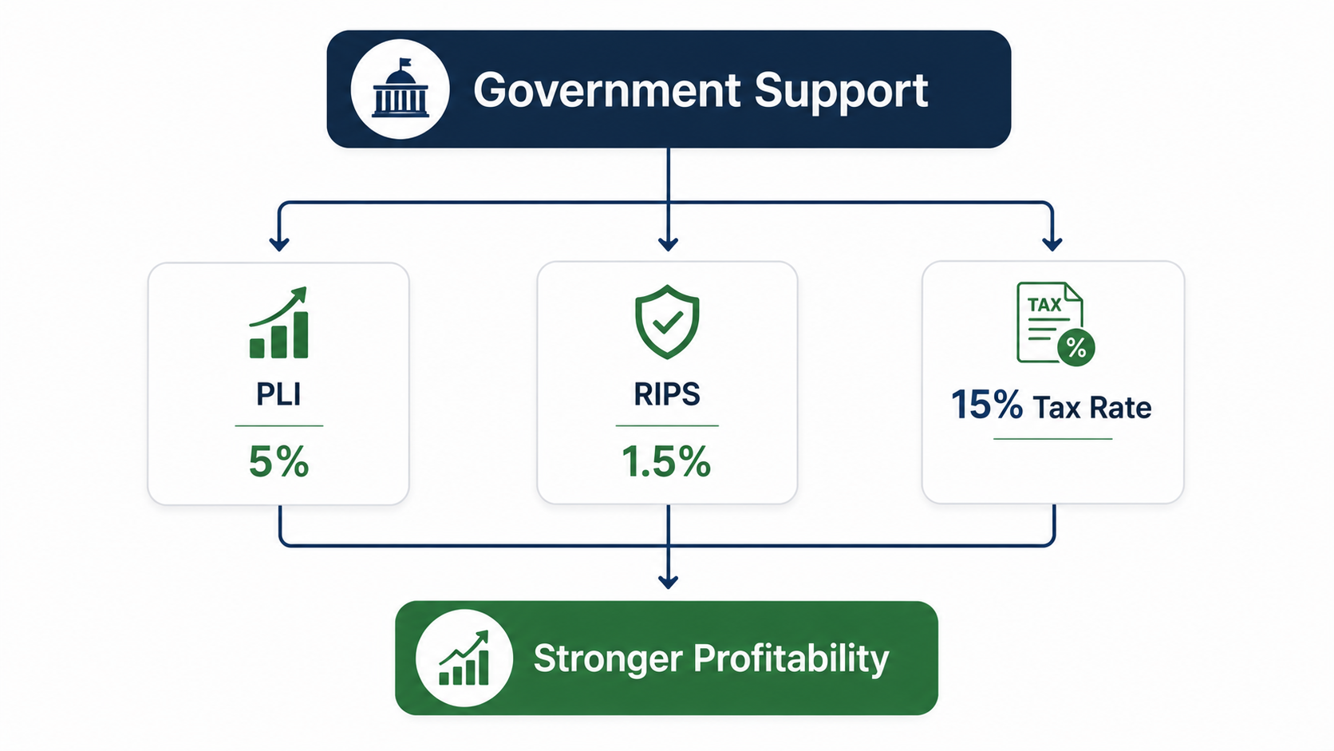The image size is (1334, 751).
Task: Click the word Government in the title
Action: pos(607,90)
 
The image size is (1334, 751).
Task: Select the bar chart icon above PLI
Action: pos(278,322)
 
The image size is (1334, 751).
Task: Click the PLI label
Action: pos(278,394)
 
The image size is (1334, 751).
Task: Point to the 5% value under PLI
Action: pos(278,461)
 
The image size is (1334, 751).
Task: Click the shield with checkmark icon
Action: pos(667,322)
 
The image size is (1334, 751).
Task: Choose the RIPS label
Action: pos(667,394)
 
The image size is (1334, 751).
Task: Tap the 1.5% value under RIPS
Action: pos(666,461)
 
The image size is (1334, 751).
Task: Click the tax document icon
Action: pos(1056,323)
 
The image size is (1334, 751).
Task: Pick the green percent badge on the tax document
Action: pos(1076,347)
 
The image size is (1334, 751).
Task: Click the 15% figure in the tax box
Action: pos(986,405)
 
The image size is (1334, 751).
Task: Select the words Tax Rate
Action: pos(1092,408)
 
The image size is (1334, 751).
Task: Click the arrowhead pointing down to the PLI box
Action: pos(279,244)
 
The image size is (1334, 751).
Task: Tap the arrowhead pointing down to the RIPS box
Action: pos(668,244)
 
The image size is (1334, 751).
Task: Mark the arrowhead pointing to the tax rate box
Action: pos(1052,244)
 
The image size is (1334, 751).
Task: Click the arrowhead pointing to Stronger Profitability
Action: pos(668,582)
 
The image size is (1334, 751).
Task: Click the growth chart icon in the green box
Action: pos(464,658)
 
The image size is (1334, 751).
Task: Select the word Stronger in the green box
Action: pos(608,658)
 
